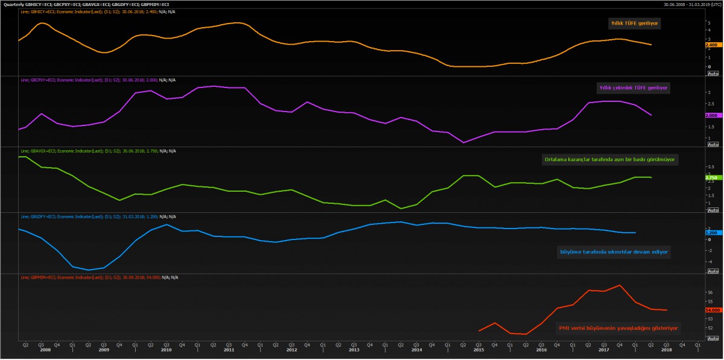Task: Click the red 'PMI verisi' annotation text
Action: point(618,329)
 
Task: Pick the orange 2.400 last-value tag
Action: point(711,45)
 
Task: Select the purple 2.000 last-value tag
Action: point(711,115)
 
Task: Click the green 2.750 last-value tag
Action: point(711,177)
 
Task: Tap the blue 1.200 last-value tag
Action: point(711,232)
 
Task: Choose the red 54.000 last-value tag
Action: point(711,310)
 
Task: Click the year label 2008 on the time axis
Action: point(41,350)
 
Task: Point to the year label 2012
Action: point(291,350)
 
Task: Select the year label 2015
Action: point(478,350)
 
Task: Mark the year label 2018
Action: point(666,350)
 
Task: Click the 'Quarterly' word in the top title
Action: point(13,3)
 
